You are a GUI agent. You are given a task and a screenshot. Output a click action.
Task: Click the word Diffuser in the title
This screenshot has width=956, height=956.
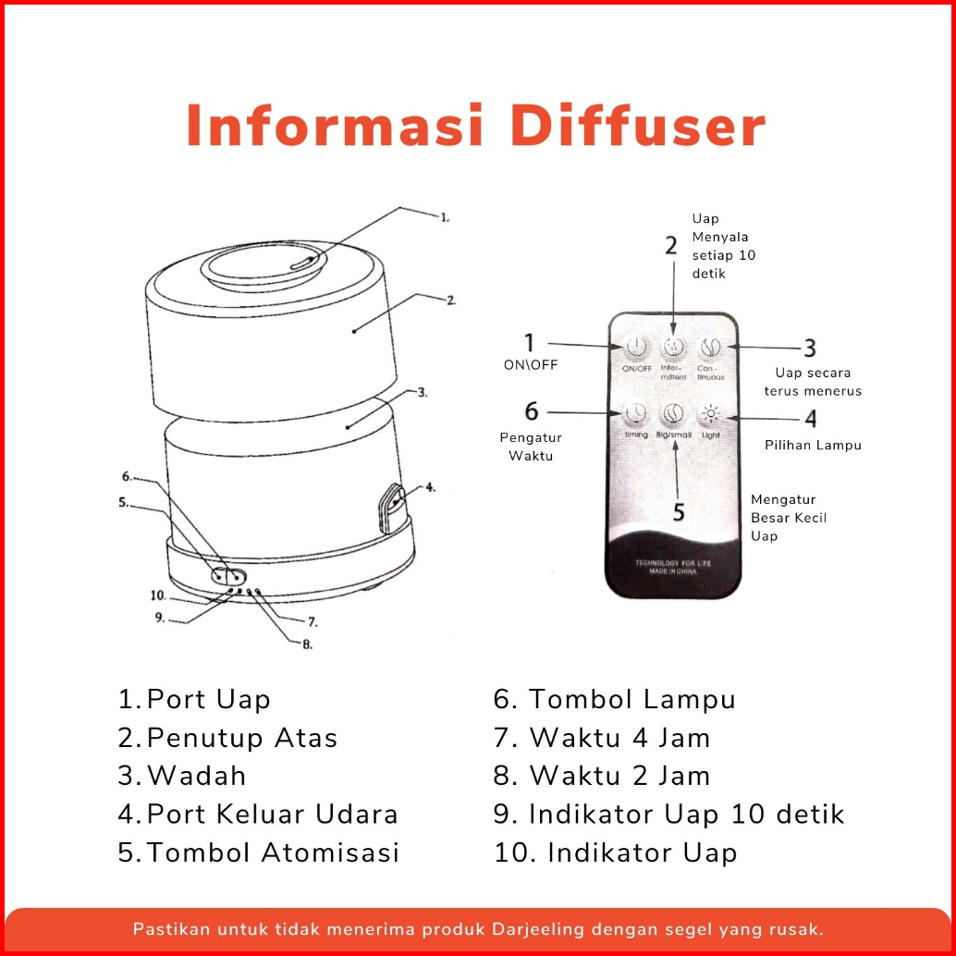point(638,127)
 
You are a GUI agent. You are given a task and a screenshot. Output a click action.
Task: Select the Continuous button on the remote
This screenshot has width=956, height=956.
point(710,349)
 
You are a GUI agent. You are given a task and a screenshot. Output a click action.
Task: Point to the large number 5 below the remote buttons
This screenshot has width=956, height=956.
point(679,511)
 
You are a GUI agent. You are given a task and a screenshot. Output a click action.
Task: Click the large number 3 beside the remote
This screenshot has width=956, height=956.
point(809,349)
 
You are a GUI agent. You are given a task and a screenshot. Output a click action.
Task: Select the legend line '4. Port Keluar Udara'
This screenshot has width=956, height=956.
point(258,814)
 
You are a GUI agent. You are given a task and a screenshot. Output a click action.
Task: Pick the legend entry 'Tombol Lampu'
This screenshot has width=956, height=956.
point(631,699)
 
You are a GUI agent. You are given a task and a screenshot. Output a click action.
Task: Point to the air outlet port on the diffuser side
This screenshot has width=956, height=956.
point(392,503)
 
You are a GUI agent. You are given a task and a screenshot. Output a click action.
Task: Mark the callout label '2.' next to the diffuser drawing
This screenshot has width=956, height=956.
point(450,300)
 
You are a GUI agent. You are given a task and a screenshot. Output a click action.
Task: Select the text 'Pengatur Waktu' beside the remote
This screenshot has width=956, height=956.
point(531,447)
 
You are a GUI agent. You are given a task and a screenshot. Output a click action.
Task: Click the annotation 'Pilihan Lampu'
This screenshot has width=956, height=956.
point(813,445)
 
